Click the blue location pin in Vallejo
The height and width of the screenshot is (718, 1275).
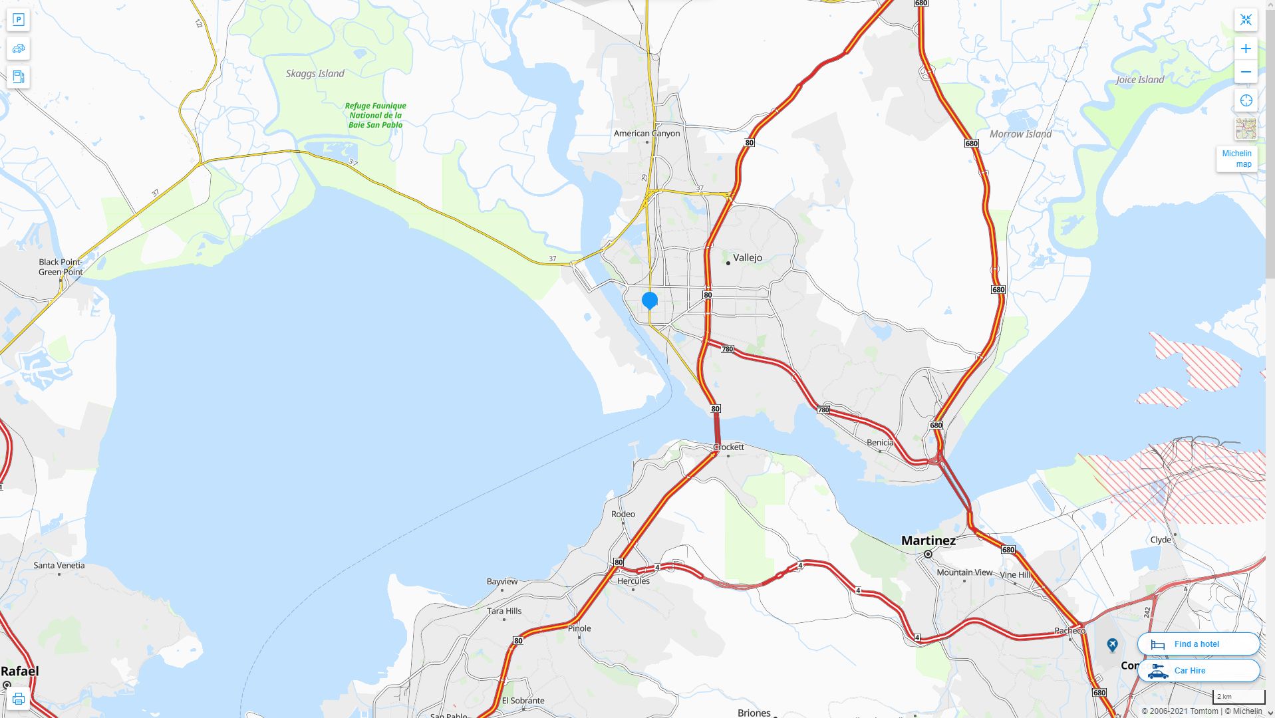[x=650, y=300]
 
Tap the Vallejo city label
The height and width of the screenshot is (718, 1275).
[x=747, y=258]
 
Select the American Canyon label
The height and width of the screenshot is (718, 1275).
[x=646, y=134]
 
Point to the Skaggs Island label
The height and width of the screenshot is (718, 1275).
[x=315, y=74]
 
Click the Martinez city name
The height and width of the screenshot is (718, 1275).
[x=928, y=541]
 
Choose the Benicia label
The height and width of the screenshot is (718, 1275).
[x=880, y=443]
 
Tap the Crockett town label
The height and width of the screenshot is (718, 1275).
[x=729, y=447]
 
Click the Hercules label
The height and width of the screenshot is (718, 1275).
[x=633, y=581]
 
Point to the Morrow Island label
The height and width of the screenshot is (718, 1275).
[x=1020, y=134]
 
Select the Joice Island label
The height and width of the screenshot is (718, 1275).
[x=1140, y=80]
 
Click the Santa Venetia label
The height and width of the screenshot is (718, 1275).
[x=59, y=566]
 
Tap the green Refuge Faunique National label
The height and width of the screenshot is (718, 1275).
[x=375, y=115]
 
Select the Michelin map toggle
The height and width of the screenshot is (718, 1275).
[x=1236, y=159]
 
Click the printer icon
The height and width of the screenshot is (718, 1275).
[x=19, y=699]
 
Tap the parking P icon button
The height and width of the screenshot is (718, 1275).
[x=19, y=20]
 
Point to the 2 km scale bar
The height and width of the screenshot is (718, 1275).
[x=1238, y=697]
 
